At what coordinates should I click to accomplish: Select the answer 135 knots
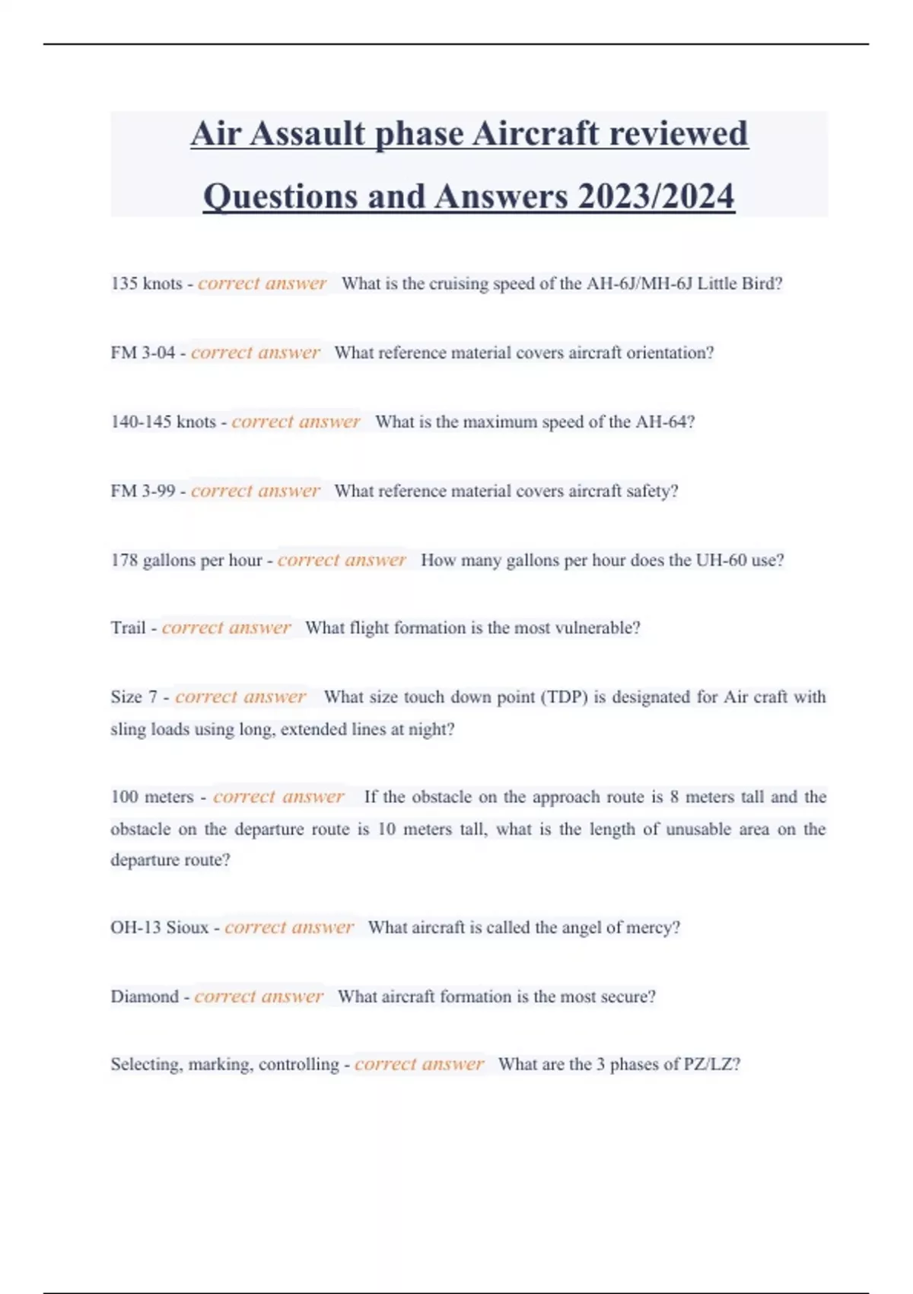(x=146, y=284)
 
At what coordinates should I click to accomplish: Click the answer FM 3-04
(x=142, y=353)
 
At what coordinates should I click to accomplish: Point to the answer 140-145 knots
(x=163, y=422)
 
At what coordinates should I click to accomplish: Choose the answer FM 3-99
(x=142, y=491)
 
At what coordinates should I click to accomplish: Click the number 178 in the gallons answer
(x=124, y=560)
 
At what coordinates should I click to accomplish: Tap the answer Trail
(x=128, y=628)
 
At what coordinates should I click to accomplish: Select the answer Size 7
(x=134, y=697)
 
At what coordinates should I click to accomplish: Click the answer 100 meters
(x=152, y=797)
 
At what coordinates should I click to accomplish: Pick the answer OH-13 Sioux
(x=159, y=928)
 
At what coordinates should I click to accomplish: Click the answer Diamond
(x=145, y=997)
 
